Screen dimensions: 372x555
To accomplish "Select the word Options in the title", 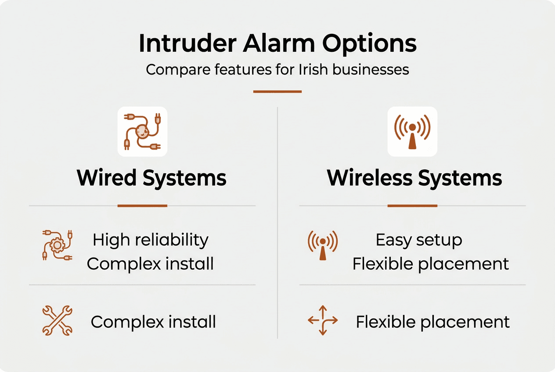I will tap(369, 43).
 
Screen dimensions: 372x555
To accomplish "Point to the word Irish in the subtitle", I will tap(311, 70).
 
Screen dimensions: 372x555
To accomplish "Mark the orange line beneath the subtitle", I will tap(277, 92).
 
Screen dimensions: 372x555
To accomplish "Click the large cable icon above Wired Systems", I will tap(142, 132).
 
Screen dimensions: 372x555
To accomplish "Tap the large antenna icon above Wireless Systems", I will tap(412, 132).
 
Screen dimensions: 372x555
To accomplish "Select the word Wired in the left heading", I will tap(107, 178).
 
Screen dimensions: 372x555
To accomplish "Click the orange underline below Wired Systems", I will tap(142, 205).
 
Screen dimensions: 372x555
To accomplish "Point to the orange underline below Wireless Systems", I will tap(412, 205).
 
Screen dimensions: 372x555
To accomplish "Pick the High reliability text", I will tap(151, 240).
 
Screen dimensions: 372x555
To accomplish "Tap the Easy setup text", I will tap(419, 240).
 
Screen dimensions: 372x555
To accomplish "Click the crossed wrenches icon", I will tap(57, 321).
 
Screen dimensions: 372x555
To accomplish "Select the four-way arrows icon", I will tap(323, 321).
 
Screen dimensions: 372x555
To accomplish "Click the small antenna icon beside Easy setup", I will tap(323, 245).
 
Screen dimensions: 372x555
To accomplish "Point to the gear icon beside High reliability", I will tap(57, 245).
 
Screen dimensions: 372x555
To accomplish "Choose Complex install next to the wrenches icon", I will tap(153, 322).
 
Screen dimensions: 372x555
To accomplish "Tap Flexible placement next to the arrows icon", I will tap(432, 322).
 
